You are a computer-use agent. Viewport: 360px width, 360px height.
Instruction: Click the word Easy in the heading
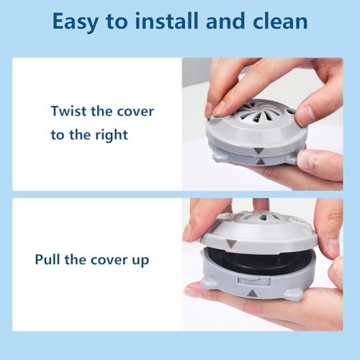coord(75,22)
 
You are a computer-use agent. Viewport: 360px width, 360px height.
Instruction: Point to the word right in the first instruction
coord(112,135)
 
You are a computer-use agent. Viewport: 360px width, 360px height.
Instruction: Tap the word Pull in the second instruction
coord(48,259)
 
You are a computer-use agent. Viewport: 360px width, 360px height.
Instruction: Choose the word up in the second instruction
coord(140,261)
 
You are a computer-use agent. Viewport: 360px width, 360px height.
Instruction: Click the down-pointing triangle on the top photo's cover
coord(259,151)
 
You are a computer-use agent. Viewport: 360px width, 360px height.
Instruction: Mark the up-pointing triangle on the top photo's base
coord(260,162)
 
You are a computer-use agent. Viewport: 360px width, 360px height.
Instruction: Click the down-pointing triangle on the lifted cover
coord(232,243)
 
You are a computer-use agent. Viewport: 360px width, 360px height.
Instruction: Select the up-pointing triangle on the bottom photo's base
coord(252,293)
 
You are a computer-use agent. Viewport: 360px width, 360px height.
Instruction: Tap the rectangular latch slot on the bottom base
coord(253,282)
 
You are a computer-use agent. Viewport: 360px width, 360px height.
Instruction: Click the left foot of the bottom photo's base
coord(210,284)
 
